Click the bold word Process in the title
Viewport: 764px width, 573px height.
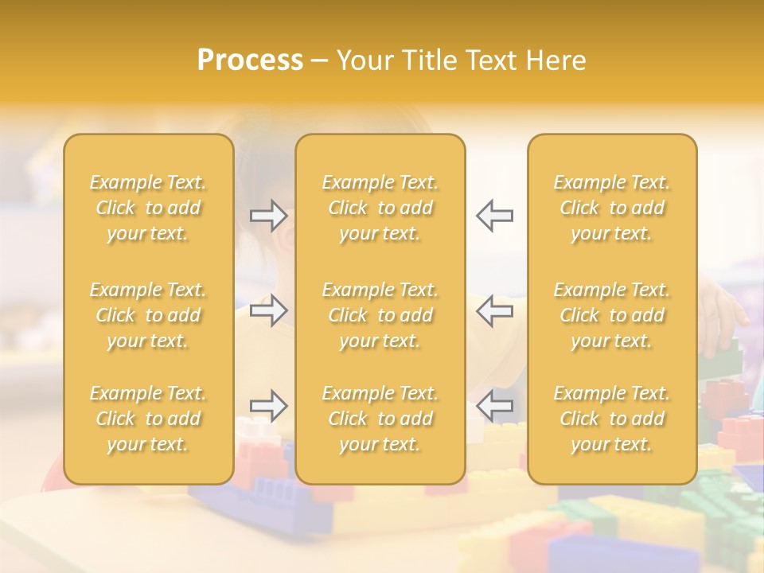250,60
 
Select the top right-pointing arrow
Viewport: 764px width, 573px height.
268,216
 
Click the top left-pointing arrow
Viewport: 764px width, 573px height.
494,216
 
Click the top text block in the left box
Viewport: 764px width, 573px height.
148,208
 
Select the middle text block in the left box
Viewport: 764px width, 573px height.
148,315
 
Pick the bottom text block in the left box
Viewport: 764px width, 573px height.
148,419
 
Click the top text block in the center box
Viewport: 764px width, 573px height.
380,208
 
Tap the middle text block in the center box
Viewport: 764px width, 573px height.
380,315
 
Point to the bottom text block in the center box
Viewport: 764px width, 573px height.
380,419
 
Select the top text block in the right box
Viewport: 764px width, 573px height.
612,208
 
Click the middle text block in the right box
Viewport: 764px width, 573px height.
612,315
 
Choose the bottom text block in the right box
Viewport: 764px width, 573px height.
612,419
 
